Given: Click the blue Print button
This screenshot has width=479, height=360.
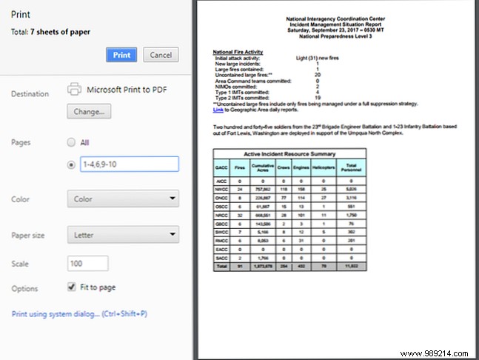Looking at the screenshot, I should click(122, 55).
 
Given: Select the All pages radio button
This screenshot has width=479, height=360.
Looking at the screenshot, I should click(71, 142).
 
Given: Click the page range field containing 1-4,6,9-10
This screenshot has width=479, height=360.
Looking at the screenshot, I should click(129, 164).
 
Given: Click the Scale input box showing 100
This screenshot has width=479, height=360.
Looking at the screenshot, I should click(87, 263).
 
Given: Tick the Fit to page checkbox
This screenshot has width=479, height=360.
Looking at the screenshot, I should click(71, 287).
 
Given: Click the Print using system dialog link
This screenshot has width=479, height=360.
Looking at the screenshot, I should click(79, 313).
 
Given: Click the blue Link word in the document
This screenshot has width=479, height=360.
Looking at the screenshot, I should click(218, 110).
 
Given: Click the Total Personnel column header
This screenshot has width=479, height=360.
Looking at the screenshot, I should click(351, 167).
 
